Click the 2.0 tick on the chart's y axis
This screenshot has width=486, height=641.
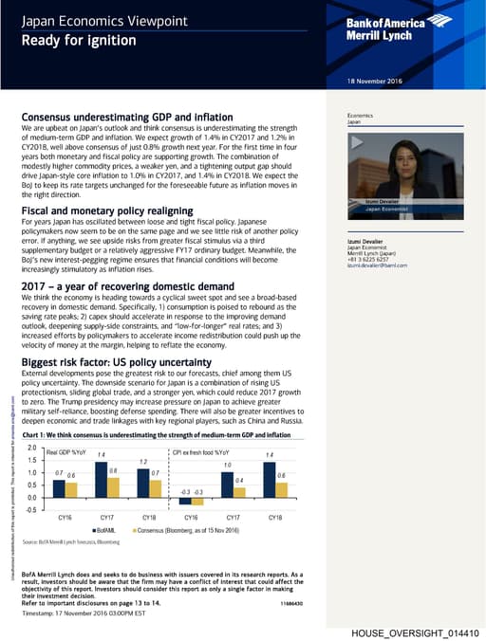point(32,447)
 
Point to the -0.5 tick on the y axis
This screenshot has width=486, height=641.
point(32,509)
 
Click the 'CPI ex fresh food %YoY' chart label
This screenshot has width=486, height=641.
point(201,452)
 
